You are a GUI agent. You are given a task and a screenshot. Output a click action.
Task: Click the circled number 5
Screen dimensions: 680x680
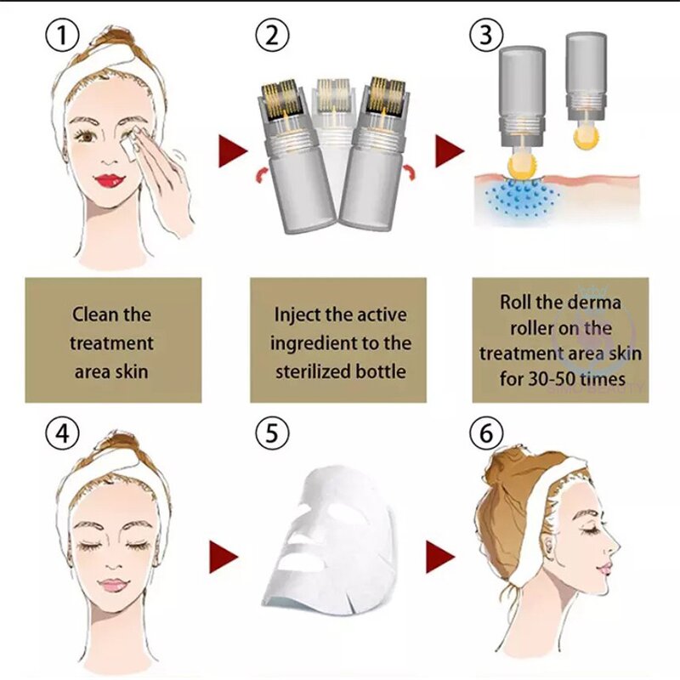pyautogui.click(x=273, y=435)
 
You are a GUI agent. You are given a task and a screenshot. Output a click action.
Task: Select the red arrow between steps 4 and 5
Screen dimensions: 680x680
pyautogui.click(x=224, y=557)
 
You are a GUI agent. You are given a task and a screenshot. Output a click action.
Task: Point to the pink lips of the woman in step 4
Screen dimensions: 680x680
pyautogui.click(x=112, y=586)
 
